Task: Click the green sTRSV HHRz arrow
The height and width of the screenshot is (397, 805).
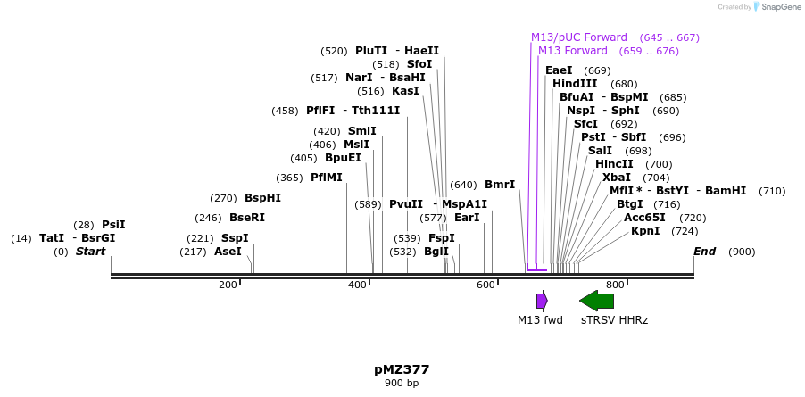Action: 596,301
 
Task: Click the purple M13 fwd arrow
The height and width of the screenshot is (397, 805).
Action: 541,301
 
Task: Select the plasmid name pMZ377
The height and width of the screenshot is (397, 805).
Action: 402,369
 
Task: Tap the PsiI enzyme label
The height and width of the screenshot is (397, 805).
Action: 113,225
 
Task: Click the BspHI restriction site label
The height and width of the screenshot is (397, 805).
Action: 262,198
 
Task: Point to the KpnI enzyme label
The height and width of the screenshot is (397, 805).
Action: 645,231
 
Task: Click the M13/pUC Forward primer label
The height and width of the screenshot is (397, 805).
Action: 578,37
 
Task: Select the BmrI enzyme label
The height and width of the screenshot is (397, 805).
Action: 500,185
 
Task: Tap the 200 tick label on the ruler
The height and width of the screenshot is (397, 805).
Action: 228,285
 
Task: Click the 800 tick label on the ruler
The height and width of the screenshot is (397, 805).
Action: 615,285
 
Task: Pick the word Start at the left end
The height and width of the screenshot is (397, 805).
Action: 90,252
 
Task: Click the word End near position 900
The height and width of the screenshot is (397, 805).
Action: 704,252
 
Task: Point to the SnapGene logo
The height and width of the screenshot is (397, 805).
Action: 776,7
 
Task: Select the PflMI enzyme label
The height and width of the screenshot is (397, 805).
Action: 326,178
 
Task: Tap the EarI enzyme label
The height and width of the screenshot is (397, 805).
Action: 467,218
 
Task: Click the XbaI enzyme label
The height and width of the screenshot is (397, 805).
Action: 617,178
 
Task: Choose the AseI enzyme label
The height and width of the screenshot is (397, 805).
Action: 228,252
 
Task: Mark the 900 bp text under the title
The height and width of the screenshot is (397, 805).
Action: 402,383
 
